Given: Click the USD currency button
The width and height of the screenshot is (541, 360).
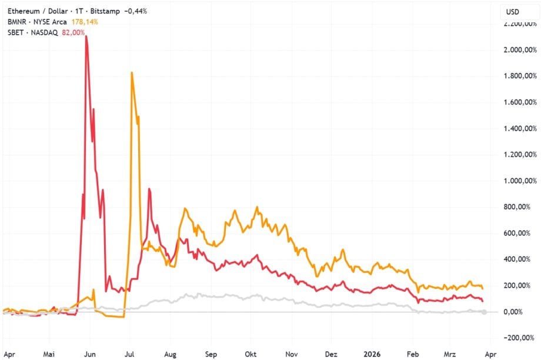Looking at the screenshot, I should pyautogui.click(x=513, y=11).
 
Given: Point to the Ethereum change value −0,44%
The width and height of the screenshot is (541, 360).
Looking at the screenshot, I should pyautogui.click(x=133, y=11).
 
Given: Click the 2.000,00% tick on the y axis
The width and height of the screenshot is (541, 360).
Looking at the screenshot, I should pyautogui.click(x=517, y=50).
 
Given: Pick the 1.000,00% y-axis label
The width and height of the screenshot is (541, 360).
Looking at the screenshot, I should pyautogui.click(x=517, y=181).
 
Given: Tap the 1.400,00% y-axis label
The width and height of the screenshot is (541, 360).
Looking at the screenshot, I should pyautogui.click(x=517, y=128).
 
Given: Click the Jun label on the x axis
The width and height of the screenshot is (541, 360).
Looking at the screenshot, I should pyautogui.click(x=91, y=355).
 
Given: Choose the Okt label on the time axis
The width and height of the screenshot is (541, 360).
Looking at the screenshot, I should pyautogui.click(x=251, y=355).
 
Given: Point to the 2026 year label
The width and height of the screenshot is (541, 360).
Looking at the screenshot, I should pyautogui.click(x=372, y=355).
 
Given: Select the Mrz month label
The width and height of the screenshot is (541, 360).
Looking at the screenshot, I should pyautogui.click(x=450, y=355).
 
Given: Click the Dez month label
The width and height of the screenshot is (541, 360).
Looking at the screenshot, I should pyautogui.click(x=332, y=355).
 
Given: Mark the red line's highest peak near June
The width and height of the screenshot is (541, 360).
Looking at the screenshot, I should pyautogui.click(x=86, y=36).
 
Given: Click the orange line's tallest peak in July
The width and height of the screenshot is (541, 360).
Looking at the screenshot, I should pyautogui.click(x=132, y=73).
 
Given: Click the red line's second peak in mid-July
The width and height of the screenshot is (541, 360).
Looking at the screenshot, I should pyautogui.click(x=149, y=189).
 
